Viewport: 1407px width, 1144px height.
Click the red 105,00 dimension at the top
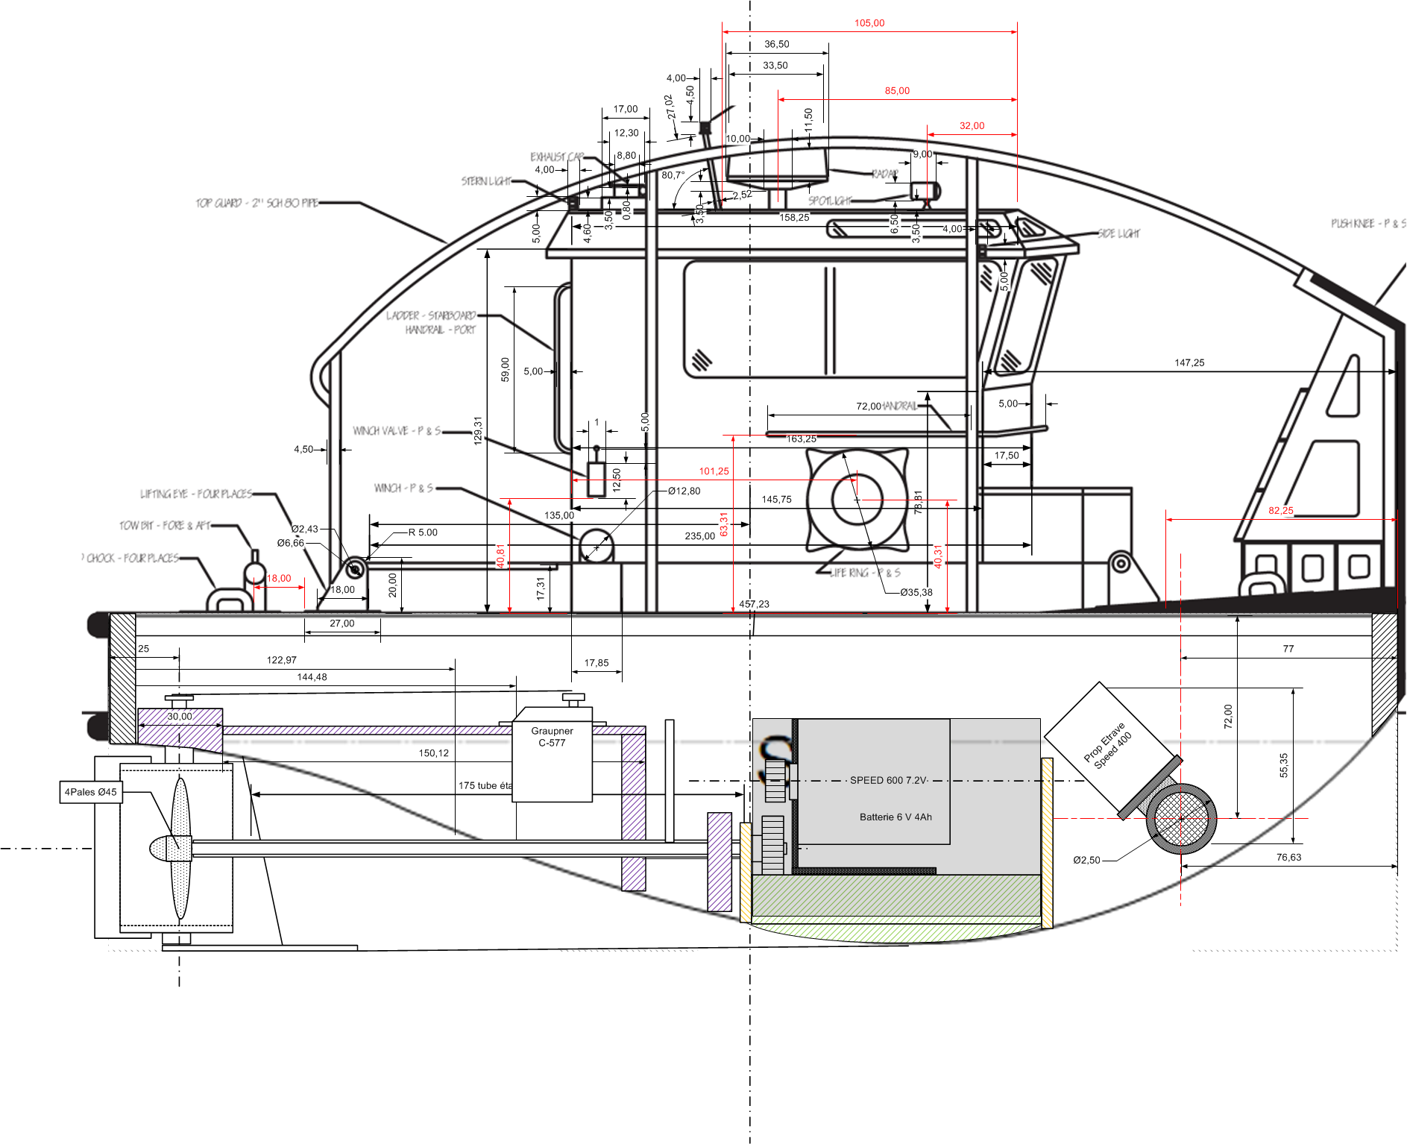(x=869, y=23)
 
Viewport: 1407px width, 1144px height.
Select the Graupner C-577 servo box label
(x=552, y=737)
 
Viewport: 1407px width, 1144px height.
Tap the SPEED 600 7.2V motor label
(x=888, y=780)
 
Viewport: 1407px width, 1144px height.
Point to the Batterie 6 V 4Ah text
(x=895, y=817)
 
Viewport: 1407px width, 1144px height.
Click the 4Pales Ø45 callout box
(x=91, y=792)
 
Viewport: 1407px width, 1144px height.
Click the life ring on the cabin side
(x=857, y=500)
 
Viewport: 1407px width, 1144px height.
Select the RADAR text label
(x=885, y=174)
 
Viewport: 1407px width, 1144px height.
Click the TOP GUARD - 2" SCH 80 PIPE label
(x=256, y=203)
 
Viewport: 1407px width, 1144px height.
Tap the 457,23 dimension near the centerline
(x=754, y=604)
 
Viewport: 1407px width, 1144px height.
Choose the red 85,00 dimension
(x=897, y=91)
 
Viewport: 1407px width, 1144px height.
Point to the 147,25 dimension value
(x=1189, y=363)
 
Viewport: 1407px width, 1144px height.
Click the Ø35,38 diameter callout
(x=916, y=593)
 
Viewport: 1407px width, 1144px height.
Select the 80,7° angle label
(x=673, y=175)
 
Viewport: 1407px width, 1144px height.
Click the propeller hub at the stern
(x=168, y=849)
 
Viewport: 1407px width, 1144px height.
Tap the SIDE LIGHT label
(x=1118, y=233)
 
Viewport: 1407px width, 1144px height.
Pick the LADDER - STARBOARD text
(x=430, y=315)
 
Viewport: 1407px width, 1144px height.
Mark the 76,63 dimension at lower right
(x=1288, y=858)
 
